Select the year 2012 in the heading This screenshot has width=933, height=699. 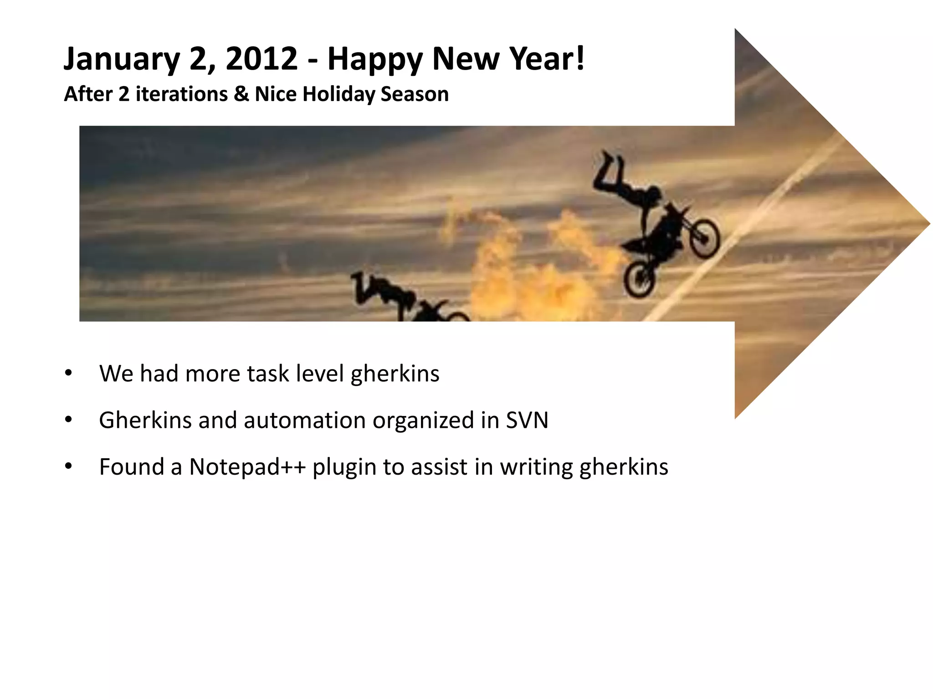(261, 59)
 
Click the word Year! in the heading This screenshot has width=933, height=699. (546, 59)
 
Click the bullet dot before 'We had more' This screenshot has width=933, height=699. (68, 373)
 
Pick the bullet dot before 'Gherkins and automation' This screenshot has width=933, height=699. (68, 420)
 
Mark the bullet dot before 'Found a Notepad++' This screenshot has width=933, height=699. (68, 466)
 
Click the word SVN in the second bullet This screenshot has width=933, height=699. (527, 420)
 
